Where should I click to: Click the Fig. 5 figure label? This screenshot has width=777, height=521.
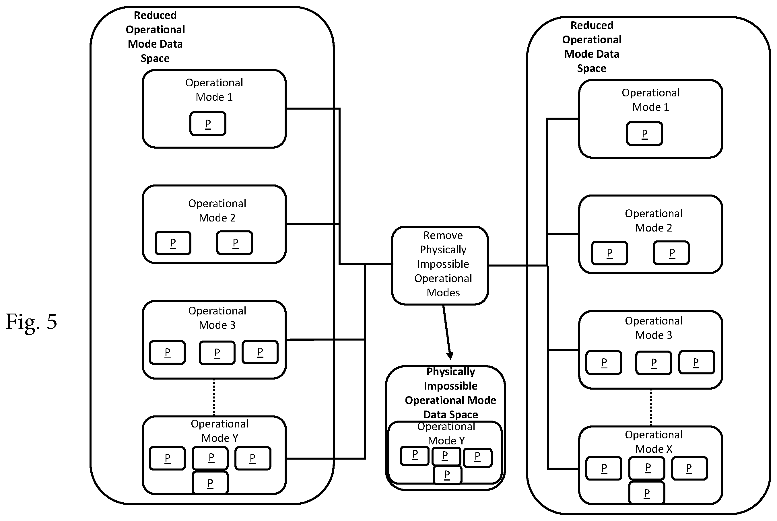point(31,322)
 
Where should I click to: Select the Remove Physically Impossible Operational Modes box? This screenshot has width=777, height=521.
point(440,265)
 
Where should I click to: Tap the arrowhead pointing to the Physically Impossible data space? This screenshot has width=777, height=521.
point(450,356)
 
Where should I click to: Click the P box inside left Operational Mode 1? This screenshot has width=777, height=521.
point(208,124)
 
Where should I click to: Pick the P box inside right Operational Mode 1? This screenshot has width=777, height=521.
point(644,134)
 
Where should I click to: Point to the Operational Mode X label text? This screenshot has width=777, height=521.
point(653,442)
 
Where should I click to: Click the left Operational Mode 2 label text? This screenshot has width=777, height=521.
point(217,210)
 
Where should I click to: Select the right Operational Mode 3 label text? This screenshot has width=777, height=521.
point(653,328)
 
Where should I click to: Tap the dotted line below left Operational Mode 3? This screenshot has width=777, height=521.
point(214,397)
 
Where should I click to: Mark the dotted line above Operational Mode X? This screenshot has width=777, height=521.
point(651,407)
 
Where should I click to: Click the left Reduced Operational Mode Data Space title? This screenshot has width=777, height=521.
point(155,36)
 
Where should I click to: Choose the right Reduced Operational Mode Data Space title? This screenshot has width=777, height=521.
point(592,46)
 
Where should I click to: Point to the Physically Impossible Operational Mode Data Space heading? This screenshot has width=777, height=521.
point(450,393)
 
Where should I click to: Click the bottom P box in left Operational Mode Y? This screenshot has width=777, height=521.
point(210,483)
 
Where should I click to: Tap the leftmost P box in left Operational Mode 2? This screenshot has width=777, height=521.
point(173,243)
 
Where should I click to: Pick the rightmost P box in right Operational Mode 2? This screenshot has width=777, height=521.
point(671,253)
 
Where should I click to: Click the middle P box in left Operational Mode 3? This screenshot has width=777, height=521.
point(217,353)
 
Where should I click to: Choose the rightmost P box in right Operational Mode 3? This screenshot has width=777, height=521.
point(697,362)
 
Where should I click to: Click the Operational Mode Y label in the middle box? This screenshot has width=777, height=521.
point(446,433)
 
